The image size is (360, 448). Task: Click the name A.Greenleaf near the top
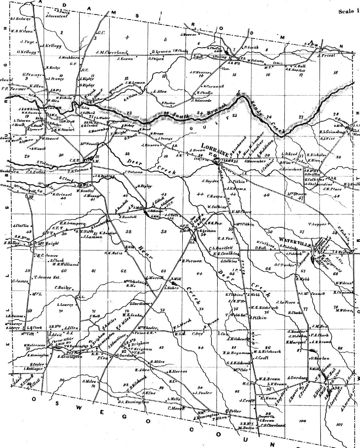57,16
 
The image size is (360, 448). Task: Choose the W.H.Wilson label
22,31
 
